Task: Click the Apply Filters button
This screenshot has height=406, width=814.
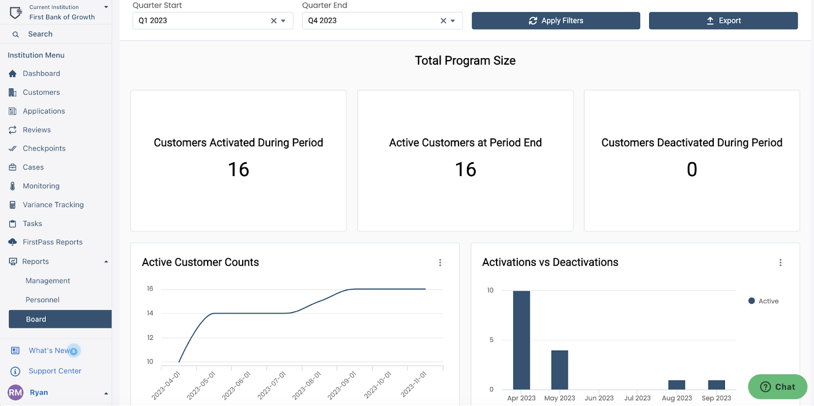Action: [x=556, y=21]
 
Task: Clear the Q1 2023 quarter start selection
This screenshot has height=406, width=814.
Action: [x=274, y=21]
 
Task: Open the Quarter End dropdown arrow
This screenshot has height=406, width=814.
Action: [x=453, y=21]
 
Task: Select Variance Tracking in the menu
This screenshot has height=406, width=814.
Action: [x=53, y=205]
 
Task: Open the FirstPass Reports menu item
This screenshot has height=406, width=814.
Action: [x=52, y=242]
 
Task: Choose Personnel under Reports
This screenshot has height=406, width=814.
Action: [x=43, y=300]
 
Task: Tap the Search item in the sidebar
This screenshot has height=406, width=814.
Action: [x=40, y=34]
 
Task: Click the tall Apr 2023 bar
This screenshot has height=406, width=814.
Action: [x=521, y=340]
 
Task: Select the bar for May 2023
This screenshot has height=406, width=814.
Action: [x=560, y=370]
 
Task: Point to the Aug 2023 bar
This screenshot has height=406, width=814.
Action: [x=677, y=385]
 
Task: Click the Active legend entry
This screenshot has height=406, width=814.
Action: [x=764, y=301]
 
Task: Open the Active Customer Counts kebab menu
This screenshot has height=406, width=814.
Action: [x=440, y=263]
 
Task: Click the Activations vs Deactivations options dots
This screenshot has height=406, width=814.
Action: [x=780, y=263]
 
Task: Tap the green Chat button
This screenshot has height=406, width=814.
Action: [x=777, y=387]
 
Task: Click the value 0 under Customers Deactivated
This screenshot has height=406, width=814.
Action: [x=692, y=169]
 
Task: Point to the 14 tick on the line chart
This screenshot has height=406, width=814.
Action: [x=150, y=313]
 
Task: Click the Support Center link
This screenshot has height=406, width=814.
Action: [x=55, y=371]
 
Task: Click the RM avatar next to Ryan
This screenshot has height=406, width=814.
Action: [x=15, y=392]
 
